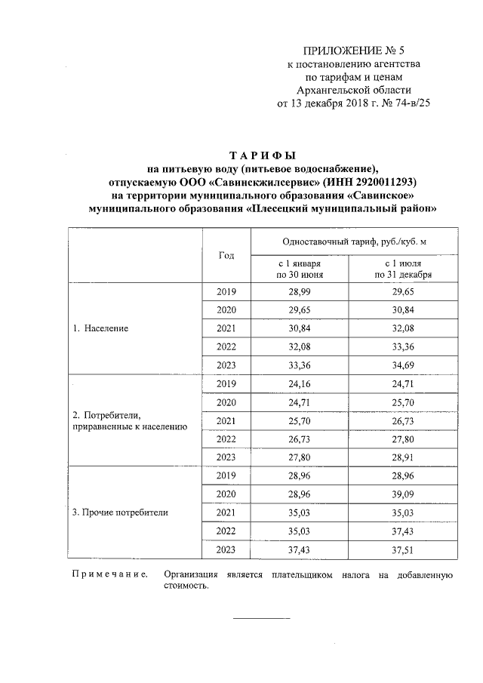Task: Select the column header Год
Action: (226, 255)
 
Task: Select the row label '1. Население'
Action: (100, 329)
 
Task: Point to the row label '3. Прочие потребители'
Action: (120, 512)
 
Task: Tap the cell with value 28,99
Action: (300, 291)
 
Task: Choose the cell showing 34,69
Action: (398, 365)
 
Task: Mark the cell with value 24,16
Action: (300, 383)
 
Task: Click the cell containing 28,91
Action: (398, 457)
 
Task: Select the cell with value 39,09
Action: (398, 494)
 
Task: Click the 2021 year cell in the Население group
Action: (226, 328)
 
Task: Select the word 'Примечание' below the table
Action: (109, 576)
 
